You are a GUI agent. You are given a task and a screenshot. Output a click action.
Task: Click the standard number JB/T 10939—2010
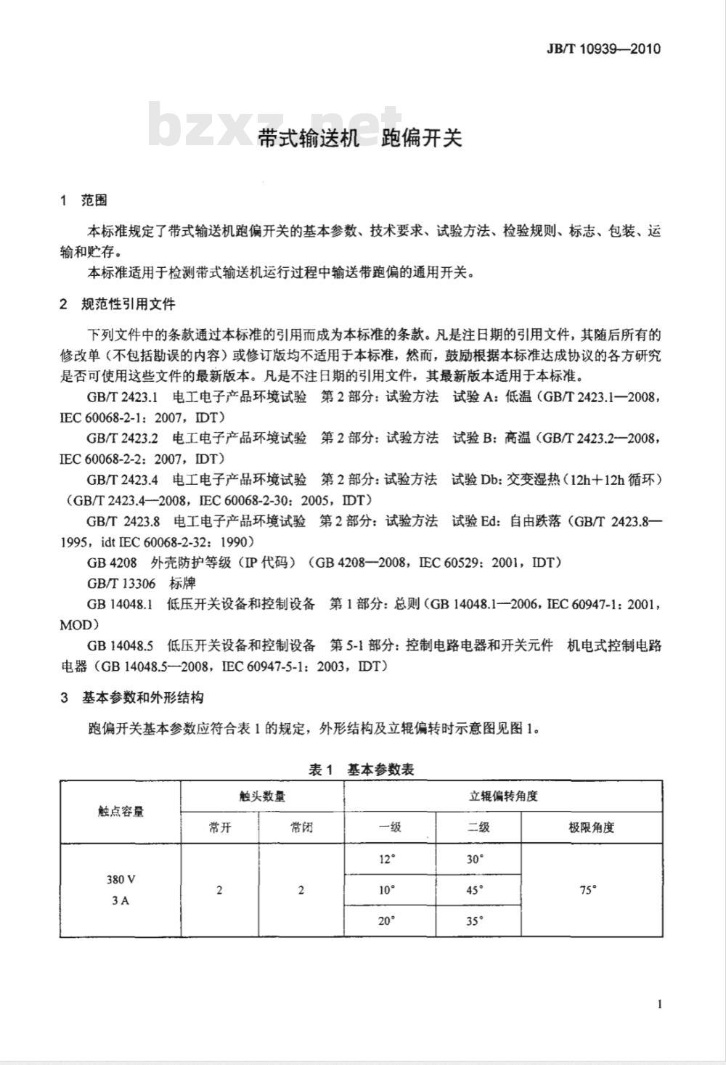click(603, 49)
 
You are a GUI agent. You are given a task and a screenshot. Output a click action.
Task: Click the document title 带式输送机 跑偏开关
click(360, 138)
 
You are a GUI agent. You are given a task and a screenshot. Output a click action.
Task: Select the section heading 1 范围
click(84, 200)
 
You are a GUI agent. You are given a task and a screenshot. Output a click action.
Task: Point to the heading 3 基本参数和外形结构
click(132, 698)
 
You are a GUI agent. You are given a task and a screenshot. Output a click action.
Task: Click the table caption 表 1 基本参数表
click(361, 770)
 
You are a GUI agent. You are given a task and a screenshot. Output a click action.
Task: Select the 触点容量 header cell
click(121, 811)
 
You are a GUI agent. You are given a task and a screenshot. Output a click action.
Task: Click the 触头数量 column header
click(262, 796)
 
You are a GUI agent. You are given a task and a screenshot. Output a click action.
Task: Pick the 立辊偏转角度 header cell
click(503, 796)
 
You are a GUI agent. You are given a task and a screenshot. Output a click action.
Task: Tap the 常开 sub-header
click(219, 827)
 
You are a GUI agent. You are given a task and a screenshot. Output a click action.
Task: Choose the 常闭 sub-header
click(301, 827)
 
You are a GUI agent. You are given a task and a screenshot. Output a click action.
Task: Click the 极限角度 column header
click(591, 827)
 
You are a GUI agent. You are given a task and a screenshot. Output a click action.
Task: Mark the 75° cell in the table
click(588, 889)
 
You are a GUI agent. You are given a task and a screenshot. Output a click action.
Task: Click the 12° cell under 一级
click(387, 859)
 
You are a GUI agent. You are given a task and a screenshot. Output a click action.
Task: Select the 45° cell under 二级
click(476, 890)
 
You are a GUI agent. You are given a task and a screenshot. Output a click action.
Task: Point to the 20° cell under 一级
click(387, 921)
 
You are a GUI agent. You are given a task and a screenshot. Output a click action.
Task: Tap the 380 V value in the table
click(121, 879)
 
